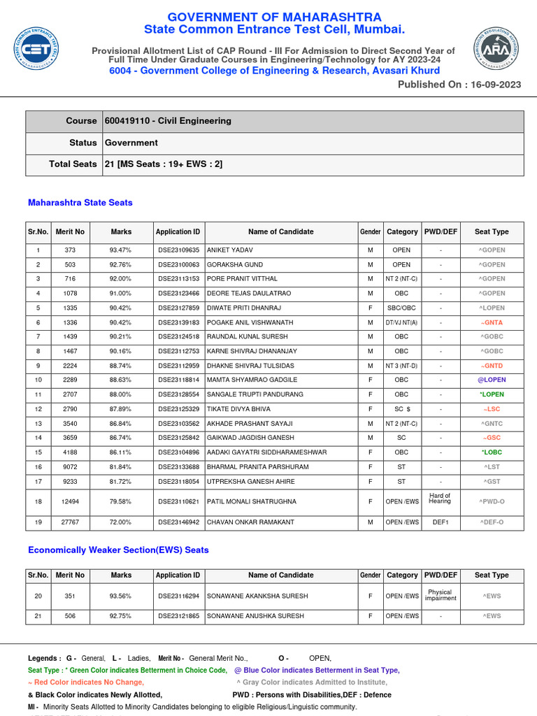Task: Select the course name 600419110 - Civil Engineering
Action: tap(168, 121)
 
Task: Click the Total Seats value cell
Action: tap(164, 164)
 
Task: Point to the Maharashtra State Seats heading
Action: tap(80, 203)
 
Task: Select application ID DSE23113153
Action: tap(178, 279)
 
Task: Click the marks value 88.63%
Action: tap(120, 380)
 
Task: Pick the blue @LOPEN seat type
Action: tap(492, 380)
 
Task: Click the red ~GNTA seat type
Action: tap(492, 322)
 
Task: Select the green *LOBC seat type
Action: tap(492, 452)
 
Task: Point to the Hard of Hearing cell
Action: tap(440, 499)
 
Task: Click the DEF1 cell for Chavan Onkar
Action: tap(440, 522)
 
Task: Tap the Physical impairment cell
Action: tap(440, 595)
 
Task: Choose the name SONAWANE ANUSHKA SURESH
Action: tap(255, 616)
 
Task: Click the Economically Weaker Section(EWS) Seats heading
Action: tap(118, 550)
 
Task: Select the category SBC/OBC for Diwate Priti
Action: tap(401, 308)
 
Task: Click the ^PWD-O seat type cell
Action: tap(492, 501)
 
